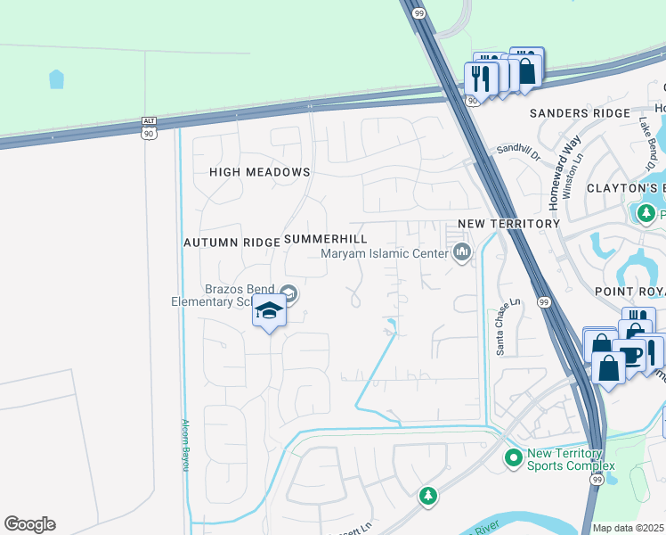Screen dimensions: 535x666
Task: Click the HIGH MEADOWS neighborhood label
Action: (x=260, y=172)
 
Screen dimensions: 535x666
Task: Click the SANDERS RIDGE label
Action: (x=573, y=113)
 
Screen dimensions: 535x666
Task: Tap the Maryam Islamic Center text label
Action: (x=384, y=254)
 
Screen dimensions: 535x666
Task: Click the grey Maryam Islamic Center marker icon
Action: (x=461, y=254)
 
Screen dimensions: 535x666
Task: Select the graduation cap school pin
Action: (x=269, y=311)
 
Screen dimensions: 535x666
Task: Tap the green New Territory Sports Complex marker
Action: (x=513, y=458)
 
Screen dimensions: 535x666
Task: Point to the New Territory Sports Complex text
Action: (x=571, y=460)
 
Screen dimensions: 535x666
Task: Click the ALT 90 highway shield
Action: (x=149, y=127)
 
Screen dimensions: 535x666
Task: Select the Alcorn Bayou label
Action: (x=185, y=445)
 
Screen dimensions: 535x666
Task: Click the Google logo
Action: (x=29, y=524)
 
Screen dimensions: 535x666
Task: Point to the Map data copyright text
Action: (x=629, y=528)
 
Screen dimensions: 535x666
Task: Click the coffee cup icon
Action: (x=631, y=355)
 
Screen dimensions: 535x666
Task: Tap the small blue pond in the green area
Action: (x=57, y=79)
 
